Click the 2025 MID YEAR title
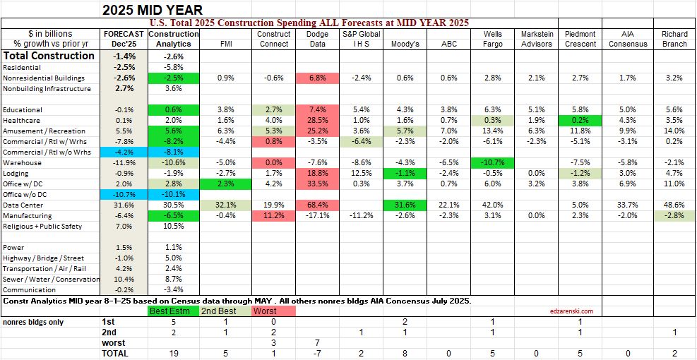click(x=153, y=10)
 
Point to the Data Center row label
click(x=26, y=205)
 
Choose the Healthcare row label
click(x=23, y=121)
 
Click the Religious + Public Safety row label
click(x=42, y=227)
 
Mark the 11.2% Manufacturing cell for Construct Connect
click(x=274, y=216)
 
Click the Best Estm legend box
click(x=169, y=311)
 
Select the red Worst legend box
click(x=274, y=311)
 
